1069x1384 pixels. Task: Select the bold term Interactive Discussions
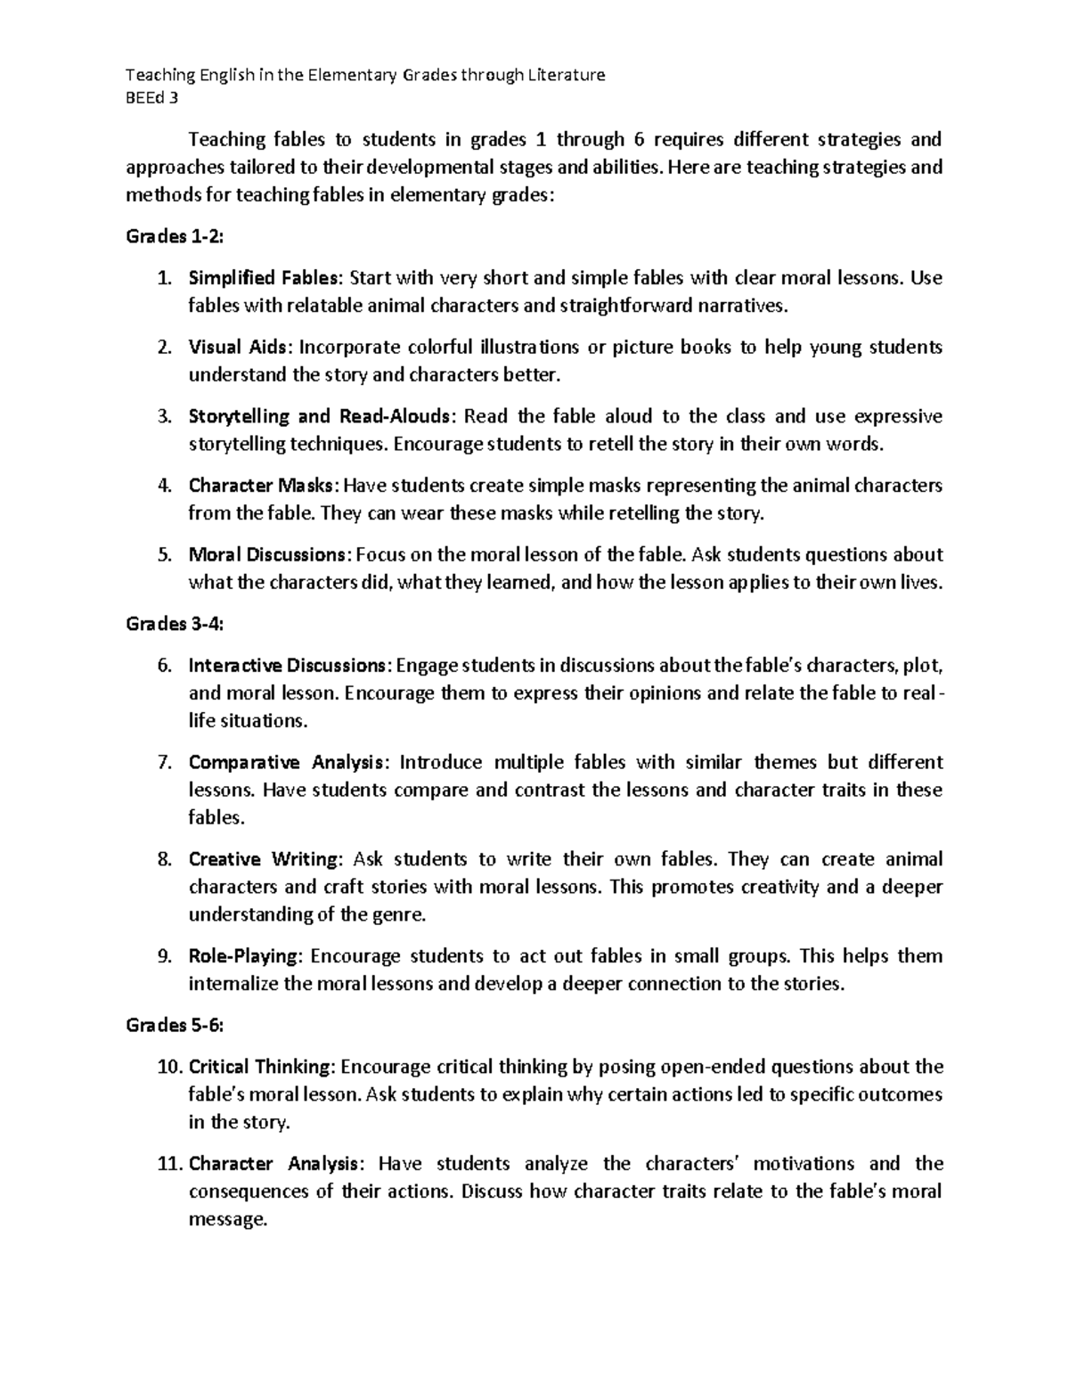tap(289, 666)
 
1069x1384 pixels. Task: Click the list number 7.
tap(163, 762)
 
